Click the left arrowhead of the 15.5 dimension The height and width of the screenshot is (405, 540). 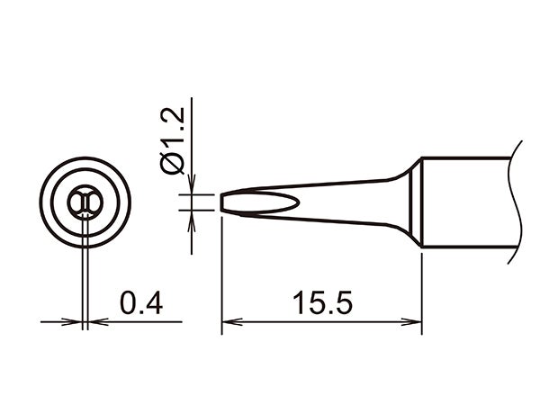click(228, 321)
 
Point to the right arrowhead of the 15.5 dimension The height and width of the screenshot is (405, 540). click(416, 321)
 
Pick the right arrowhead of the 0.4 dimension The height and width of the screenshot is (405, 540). click(94, 321)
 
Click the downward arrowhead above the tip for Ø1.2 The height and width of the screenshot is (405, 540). click(190, 189)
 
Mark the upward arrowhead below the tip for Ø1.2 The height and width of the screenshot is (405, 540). click(190, 218)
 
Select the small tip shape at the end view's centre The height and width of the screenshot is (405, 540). click(85, 203)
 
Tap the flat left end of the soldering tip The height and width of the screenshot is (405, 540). click(221, 202)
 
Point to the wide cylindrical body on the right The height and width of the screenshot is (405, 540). click(468, 202)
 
